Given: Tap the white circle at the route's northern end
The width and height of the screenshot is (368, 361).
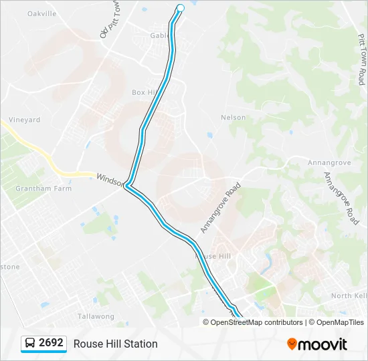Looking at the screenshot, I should point(180,8).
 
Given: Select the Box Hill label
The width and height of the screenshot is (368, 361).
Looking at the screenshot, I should point(143,92).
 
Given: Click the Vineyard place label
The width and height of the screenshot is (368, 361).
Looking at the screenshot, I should point(24,120).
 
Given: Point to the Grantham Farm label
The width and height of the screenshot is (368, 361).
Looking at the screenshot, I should point(33,188).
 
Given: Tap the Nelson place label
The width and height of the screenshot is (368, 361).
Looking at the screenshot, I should point(234,118).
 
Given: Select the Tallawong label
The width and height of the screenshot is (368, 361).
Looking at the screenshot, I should point(96,316).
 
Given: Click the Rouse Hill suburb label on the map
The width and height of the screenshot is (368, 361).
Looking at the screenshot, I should point(213,256).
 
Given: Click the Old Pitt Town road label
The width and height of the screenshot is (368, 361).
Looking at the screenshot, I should point(108,19).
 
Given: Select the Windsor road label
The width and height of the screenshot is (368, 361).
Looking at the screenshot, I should point(110,179).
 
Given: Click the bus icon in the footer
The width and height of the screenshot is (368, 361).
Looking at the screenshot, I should point(30,344).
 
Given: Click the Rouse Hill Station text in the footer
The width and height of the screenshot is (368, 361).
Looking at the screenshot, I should point(116,344).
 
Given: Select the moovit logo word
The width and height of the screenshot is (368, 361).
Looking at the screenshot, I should point(323,344).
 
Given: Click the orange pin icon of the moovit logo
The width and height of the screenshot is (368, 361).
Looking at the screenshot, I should point(292,344).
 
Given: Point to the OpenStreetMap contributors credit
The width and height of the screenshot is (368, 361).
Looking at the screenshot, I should point(253,322).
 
